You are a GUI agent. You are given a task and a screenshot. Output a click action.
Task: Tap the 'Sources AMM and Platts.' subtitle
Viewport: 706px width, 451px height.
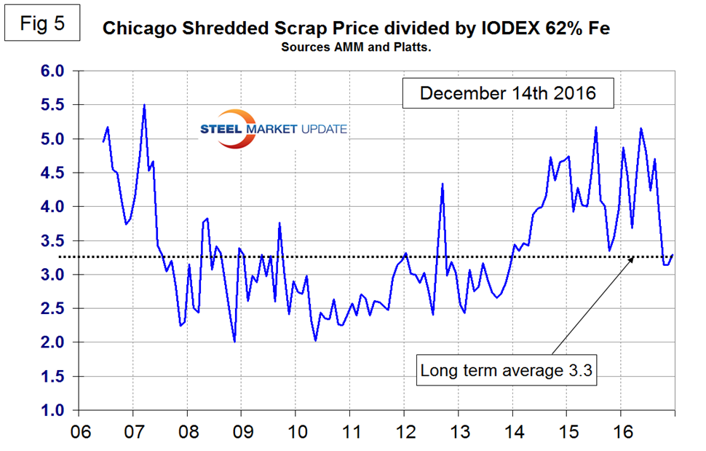coord(357,47)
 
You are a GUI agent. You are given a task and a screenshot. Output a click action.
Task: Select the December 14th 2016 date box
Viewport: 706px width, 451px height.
coord(508,93)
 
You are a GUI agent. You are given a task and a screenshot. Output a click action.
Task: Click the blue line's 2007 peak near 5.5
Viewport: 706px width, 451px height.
coord(145,105)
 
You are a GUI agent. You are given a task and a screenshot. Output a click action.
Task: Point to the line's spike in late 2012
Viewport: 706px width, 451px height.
coord(443,184)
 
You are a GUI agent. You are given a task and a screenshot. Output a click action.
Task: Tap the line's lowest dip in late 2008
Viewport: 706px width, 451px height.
coord(234,341)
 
